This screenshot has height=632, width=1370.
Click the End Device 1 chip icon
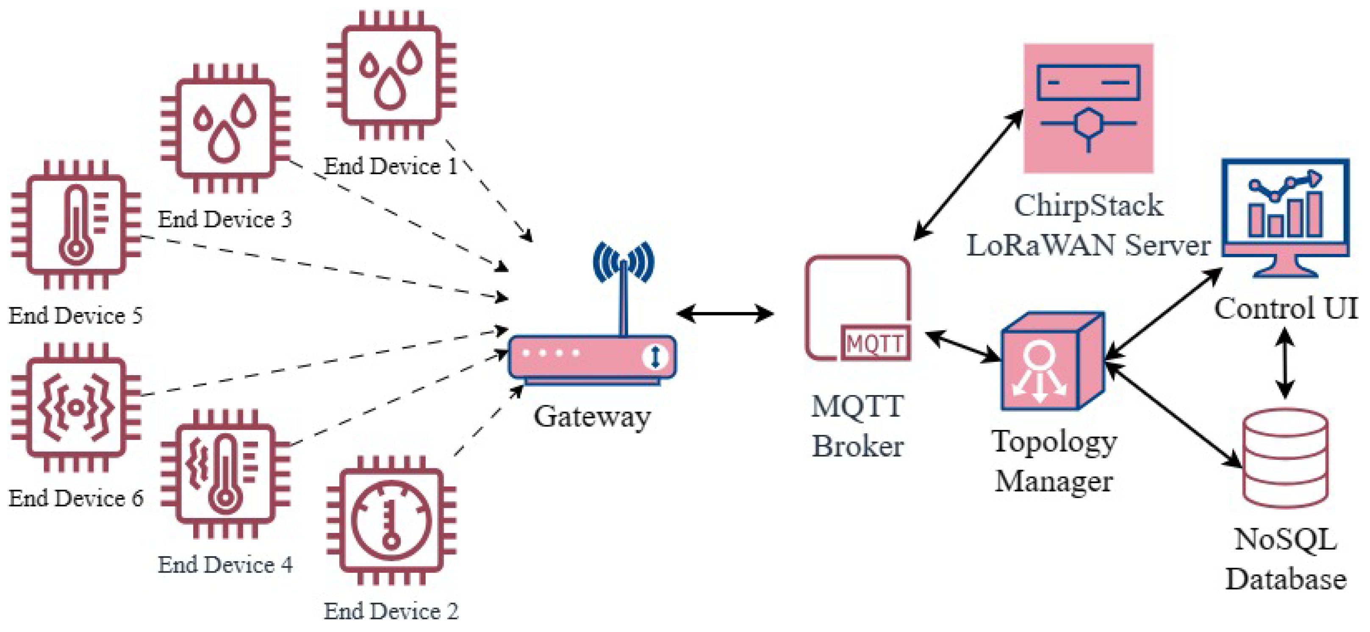(x=391, y=75)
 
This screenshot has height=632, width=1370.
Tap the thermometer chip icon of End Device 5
(x=76, y=225)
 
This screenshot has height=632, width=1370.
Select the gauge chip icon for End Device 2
(x=391, y=520)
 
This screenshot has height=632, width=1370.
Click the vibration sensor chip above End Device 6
(x=76, y=407)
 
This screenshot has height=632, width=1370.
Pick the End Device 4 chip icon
(x=225, y=473)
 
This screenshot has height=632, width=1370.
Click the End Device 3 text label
(x=225, y=219)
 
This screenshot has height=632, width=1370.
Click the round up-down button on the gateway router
(x=654, y=356)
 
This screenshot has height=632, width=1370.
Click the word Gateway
(x=592, y=417)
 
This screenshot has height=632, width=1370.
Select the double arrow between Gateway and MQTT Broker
(x=725, y=313)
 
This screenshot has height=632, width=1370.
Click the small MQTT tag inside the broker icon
(x=875, y=344)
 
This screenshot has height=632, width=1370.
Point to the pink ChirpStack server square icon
(x=1088, y=109)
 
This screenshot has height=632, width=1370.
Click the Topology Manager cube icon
(x=1052, y=362)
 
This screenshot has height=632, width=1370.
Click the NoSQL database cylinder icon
(x=1285, y=457)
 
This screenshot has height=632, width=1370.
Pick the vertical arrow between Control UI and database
(x=1285, y=363)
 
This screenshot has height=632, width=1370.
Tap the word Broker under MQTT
(x=857, y=446)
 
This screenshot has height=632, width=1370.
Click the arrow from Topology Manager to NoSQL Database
(x=1173, y=415)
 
